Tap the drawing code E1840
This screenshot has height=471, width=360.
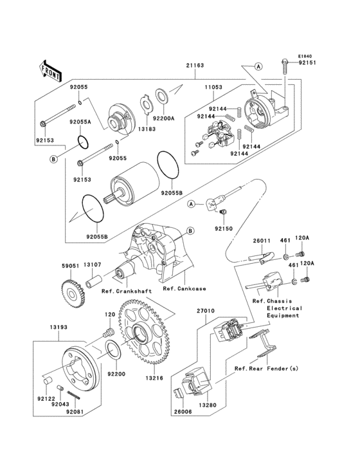pyautogui.click(x=304, y=56)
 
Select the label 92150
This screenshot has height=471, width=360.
pyautogui.click(x=222, y=228)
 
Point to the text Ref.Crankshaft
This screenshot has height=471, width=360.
pyautogui.click(x=127, y=291)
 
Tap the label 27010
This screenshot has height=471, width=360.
pyautogui.click(x=206, y=311)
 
